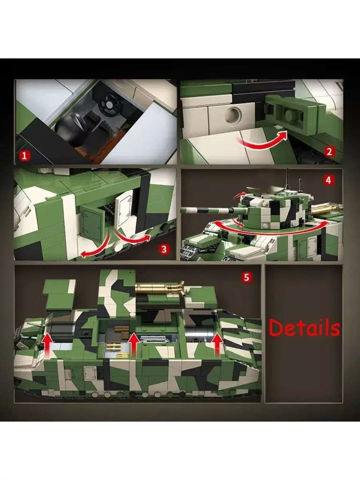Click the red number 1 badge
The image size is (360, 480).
(x=24, y=156)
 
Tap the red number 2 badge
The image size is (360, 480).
(x=329, y=152)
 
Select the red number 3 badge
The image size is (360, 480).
(x=164, y=249)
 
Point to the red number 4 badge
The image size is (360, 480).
(x=328, y=181)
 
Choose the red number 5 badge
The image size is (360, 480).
(x=246, y=277)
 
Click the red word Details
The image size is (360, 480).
(x=304, y=327)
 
